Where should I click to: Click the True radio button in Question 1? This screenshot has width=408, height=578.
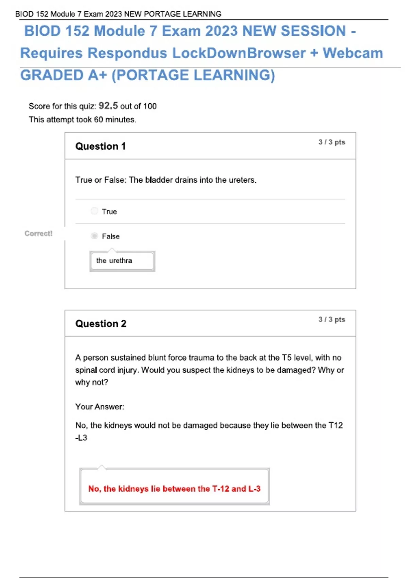click(95, 211)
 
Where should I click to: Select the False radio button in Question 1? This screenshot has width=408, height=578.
click(95, 236)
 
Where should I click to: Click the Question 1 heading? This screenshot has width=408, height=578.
click(101, 146)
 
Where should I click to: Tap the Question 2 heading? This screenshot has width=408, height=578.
click(101, 324)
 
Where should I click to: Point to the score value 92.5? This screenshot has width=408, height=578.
click(108, 106)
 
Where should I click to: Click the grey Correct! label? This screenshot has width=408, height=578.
click(38, 234)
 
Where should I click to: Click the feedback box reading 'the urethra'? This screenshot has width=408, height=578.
click(122, 261)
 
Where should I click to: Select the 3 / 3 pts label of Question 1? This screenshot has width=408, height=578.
click(331, 142)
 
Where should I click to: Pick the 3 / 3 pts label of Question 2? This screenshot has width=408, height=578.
click(331, 320)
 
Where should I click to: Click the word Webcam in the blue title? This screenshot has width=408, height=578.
click(353, 53)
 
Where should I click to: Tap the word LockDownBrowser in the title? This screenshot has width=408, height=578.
click(239, 53)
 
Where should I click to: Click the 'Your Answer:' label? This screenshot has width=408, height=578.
click(100, 407)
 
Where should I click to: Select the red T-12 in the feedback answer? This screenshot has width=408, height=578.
click(221, 489)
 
